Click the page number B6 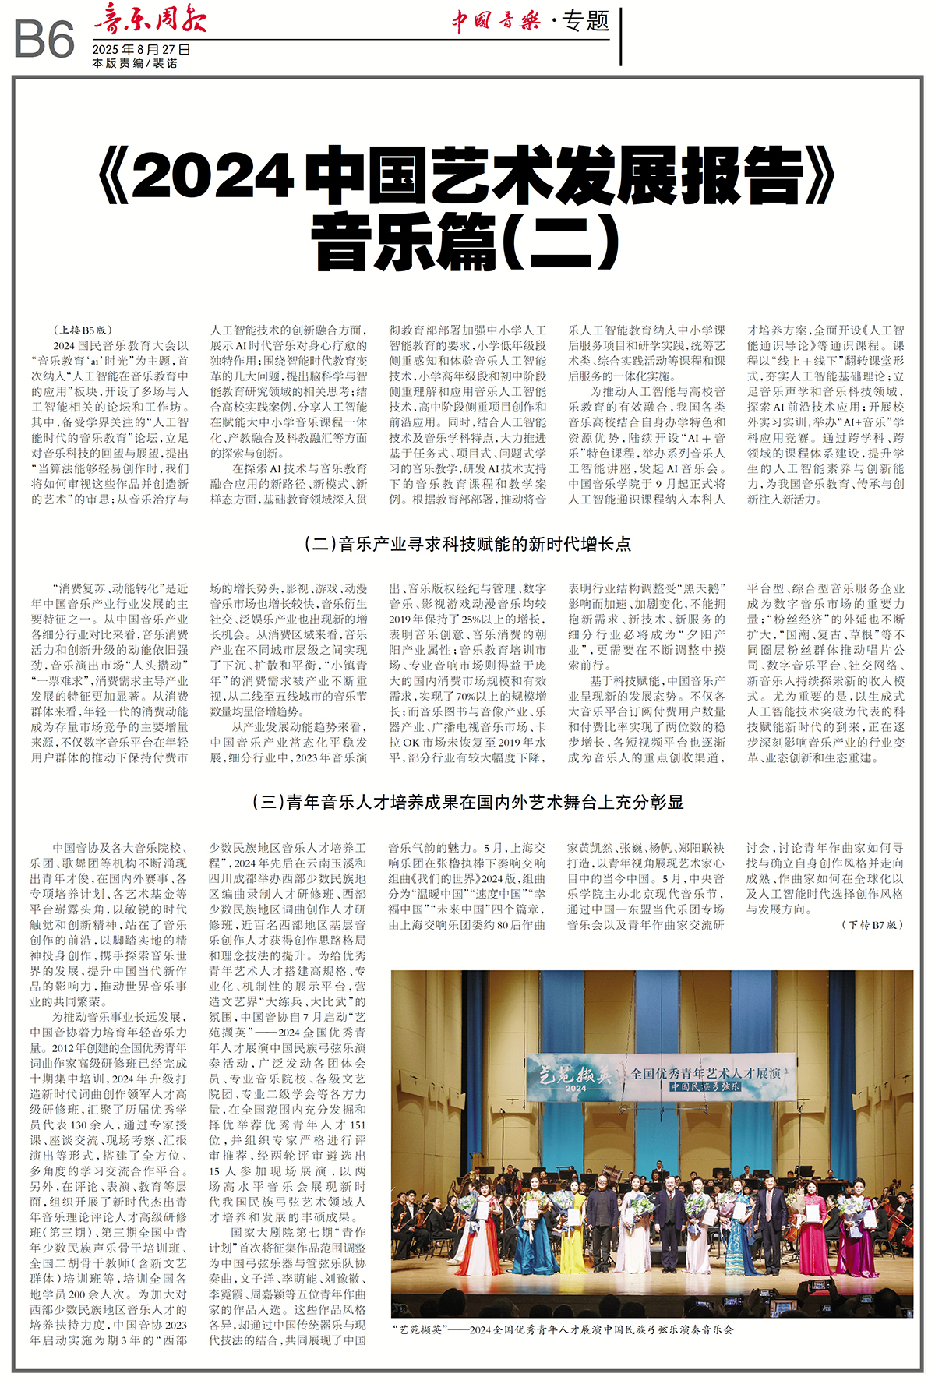point(44,40)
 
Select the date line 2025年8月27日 point(141,50)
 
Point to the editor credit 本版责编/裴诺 point(135,64)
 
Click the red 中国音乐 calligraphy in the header point(496,20)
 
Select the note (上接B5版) point(83,330)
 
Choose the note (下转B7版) point(872,925)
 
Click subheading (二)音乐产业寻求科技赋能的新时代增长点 point(467,545)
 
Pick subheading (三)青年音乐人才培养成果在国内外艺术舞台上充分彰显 point(467,803)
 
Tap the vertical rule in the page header point(621,36)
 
